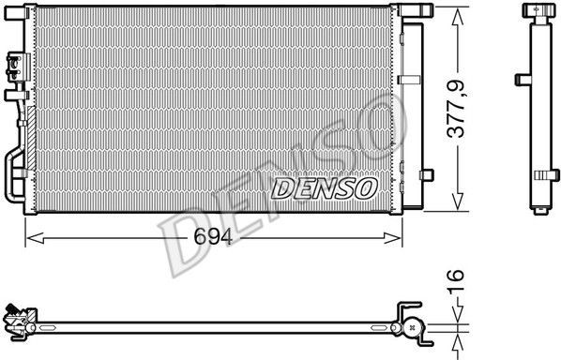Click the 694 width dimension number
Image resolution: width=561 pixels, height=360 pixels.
click(213, 236)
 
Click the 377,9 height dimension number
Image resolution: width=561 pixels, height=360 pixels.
click(456, 110)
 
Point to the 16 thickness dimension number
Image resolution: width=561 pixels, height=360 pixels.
click(455, 280)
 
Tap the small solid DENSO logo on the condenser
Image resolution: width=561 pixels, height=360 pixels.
click(325, 188)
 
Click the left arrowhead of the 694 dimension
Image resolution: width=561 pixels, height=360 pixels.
click(36, 238)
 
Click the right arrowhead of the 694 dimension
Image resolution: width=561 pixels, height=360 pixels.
click(392, 238)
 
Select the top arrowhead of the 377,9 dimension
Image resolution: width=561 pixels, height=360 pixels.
click(457, 17)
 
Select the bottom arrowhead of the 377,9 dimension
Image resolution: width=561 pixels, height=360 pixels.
click(457, 202)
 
